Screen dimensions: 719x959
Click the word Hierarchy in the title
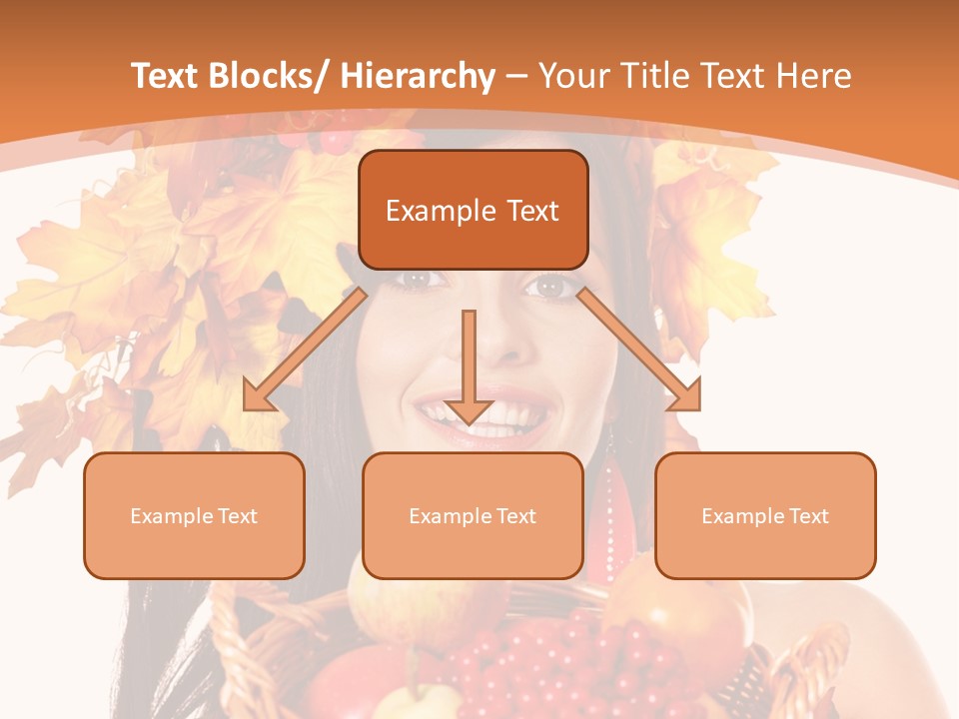(418, 76)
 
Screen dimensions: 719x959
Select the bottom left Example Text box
(194, 515)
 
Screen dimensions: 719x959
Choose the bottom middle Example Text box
(473, 515)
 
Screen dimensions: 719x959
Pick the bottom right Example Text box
(765, 515)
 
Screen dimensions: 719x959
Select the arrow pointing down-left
(305, 350)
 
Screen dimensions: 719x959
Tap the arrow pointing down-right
(639, 350)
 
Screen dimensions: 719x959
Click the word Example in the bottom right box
(731, 516)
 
